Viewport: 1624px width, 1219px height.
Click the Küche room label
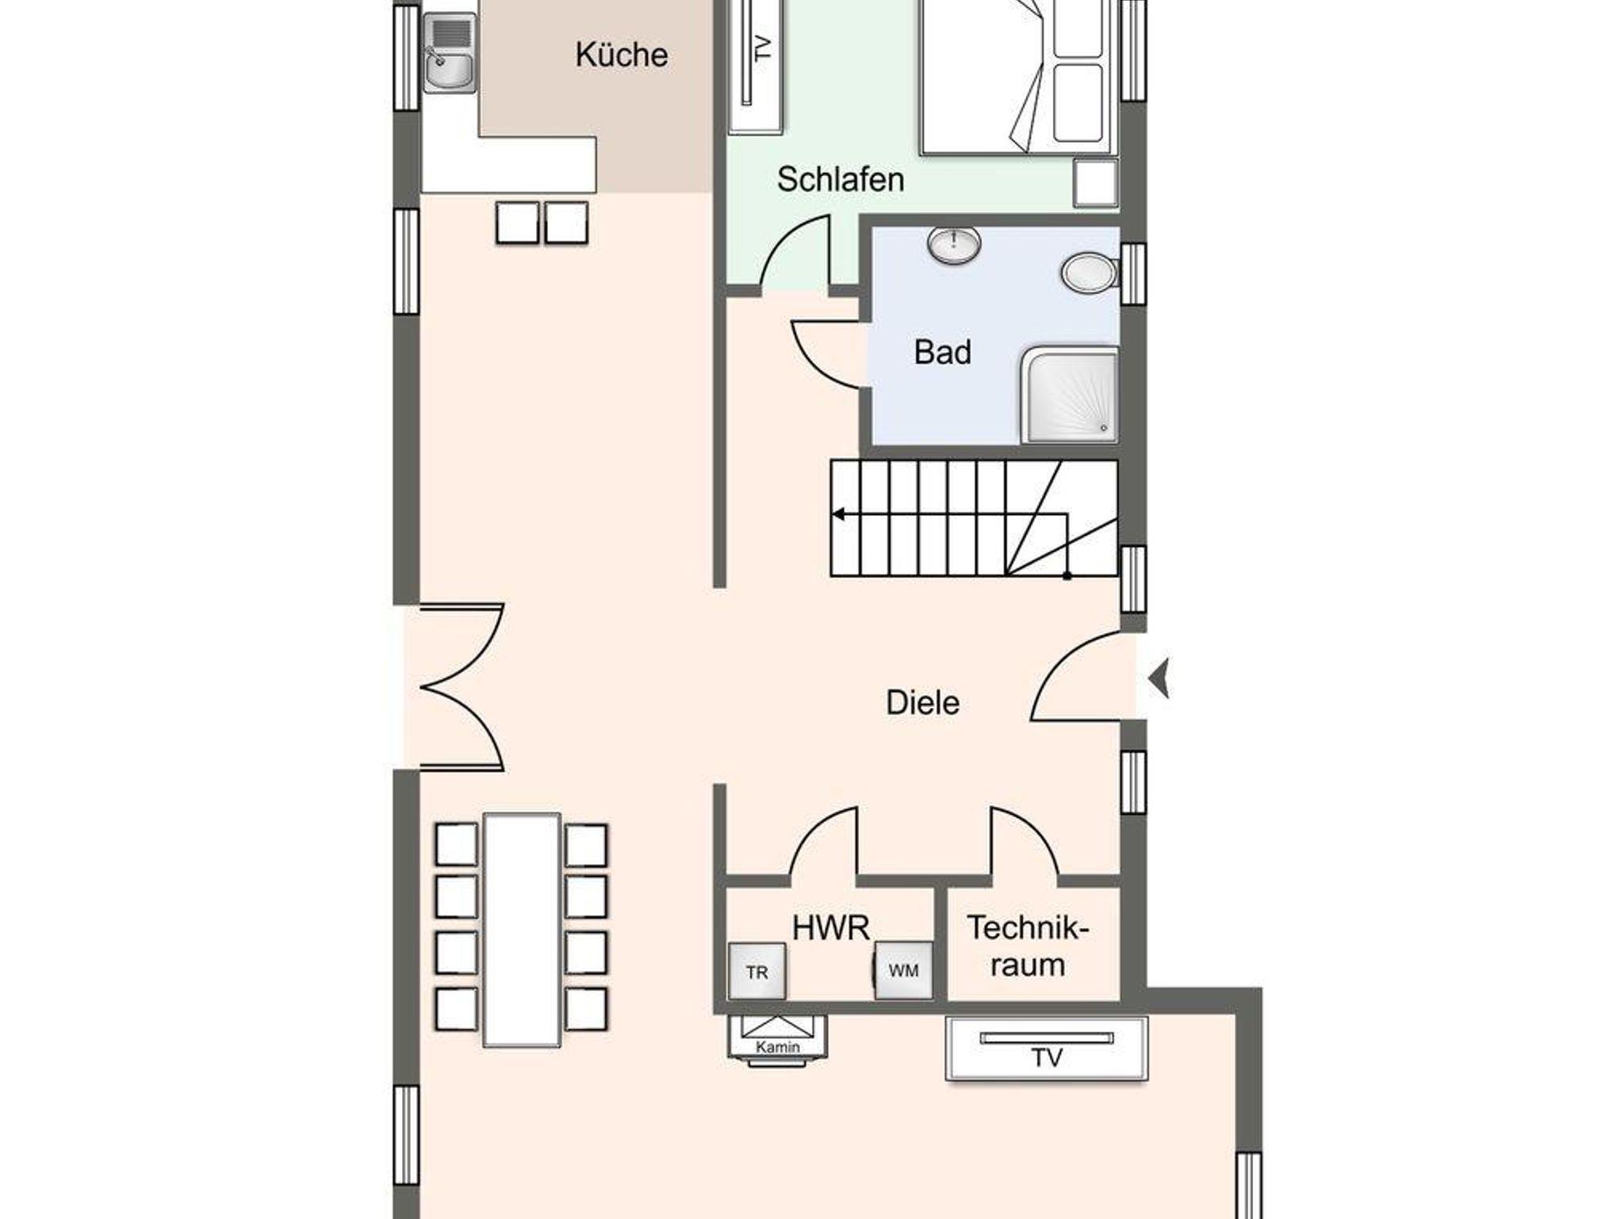621,54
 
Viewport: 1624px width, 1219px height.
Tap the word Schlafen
841,179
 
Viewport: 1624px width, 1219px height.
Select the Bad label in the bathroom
942,352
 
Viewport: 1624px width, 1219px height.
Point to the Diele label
922,702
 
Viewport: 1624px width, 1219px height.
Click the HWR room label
830,927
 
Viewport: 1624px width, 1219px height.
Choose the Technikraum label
1028,946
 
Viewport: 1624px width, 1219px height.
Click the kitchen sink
450,53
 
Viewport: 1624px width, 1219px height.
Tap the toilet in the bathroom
1090,273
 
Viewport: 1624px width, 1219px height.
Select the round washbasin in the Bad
953,245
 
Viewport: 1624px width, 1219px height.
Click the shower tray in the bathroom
1070,395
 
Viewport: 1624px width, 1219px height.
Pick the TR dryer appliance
757,971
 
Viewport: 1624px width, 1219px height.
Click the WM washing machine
903,970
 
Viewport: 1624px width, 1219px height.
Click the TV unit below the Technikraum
1047,1049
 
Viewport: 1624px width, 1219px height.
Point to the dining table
522,929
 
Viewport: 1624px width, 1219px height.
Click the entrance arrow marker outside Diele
1159,679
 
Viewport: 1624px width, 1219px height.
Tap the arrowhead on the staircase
838,515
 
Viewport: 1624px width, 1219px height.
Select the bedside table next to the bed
1096,183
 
